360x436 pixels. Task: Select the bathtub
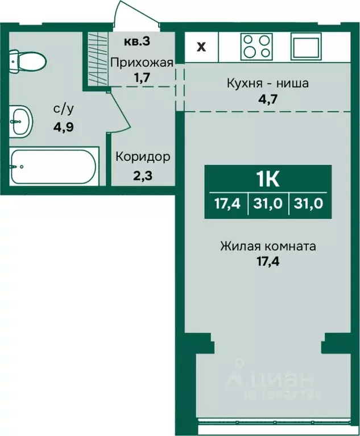pyautogui.click(x=54, y=166)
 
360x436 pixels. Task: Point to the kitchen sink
pyautogui.click(x=307, y=46)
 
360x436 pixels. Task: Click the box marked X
pyautogui.click(x=201, y=47)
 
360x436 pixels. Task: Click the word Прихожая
pyautogui.click(x=141, y=63)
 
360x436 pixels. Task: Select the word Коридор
pyautogui.click(x=143, y=156)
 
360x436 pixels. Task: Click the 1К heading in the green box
pyautogui.click(x=267, y=180)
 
